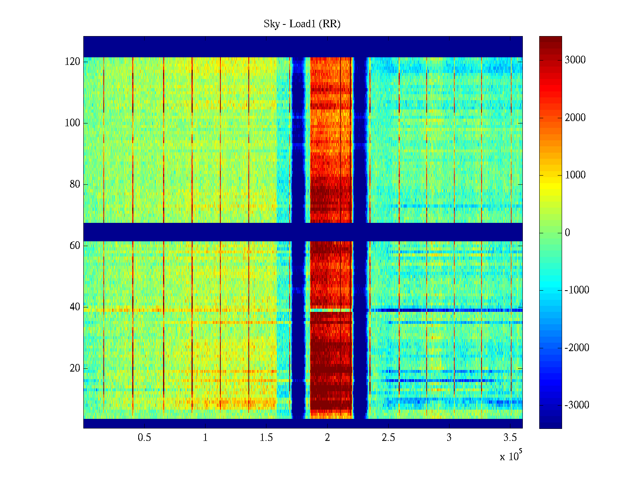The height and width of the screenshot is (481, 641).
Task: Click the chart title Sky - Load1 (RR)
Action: click(x=302, y=24)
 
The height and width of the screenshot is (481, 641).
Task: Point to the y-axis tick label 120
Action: click(x=73, y=62)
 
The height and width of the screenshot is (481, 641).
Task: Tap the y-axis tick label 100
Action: click(x=73, y=123)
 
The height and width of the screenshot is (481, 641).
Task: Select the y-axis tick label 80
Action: click(x=75, y=184)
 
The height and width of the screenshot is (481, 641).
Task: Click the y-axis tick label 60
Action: click(x=75, y=246)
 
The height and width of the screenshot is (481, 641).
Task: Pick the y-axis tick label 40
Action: click(x=75, y=307)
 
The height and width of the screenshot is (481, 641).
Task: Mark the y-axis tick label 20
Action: click(x=75, y=368)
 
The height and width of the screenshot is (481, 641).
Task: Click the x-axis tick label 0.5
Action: click(x=144, y=438)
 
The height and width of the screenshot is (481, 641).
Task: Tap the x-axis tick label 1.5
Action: click(x=266, y=438)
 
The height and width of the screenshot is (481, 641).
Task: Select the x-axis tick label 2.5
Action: click(x=388, y=438)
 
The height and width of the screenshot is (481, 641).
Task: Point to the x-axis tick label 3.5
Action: click(x=510, y=438)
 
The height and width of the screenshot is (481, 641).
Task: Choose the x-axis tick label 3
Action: click(x=449, y=438)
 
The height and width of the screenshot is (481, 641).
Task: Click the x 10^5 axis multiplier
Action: click(x=511, y=456)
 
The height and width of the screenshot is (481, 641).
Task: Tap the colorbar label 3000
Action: click(x=575, y=60)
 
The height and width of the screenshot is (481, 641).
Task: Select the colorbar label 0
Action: click(x=567, y=233)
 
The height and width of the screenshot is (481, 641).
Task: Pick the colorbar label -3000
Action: click(x=577, y=405)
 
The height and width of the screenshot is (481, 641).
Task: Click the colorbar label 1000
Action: click(x=575, y=175)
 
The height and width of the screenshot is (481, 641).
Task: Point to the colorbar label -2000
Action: click(x=577, y=348)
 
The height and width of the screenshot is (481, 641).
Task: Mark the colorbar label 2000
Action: click(x=575, y=118)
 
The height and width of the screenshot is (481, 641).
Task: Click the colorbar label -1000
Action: click(x=577, y=290)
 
